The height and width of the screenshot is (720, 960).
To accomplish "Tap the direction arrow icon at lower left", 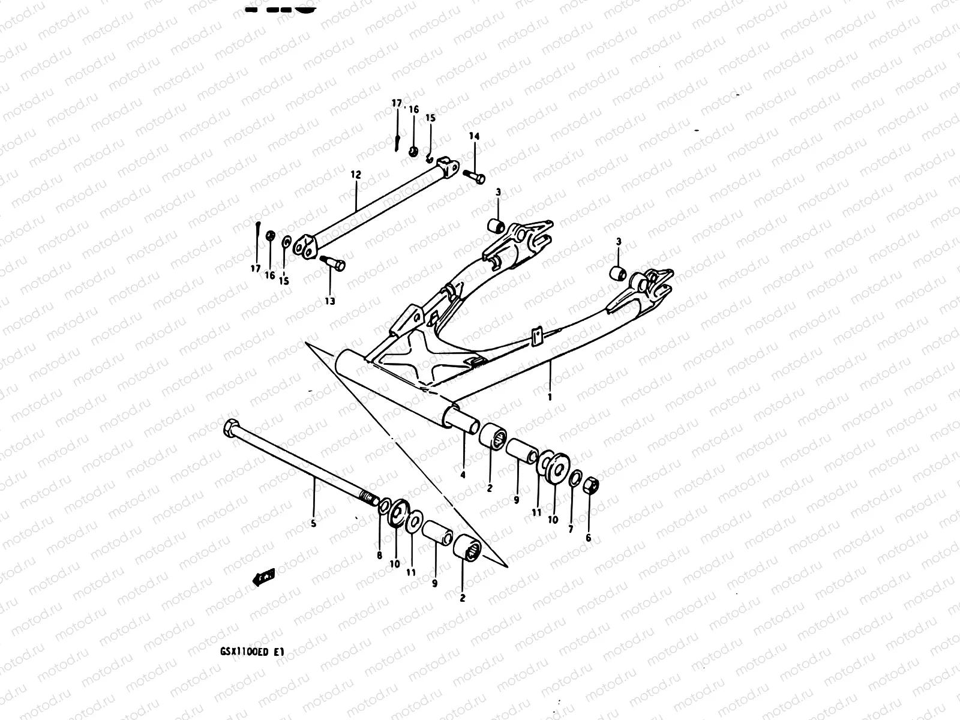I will (x=263, y=577).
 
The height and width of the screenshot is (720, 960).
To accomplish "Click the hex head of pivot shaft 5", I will (x=230, y=428).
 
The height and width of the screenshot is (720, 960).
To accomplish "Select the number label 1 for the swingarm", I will (x=550, y=397).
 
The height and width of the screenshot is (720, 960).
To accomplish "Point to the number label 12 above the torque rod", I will (x=356, y=175).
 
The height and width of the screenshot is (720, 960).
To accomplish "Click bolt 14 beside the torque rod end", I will (x=474, y=176).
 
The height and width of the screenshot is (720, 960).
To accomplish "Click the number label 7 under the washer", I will (x=571, y=529).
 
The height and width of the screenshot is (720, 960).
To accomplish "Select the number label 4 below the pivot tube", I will (x=463, y=475).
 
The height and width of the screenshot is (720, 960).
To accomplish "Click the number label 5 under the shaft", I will (x=313, y=523).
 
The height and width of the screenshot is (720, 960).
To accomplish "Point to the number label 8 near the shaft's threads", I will (x=379, y=556).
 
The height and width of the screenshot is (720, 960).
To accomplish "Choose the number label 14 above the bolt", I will (x=474, y=137).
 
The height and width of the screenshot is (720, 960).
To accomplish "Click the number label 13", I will (x=330, y=301).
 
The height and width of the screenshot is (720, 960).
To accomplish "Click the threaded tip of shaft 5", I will (x=368, y=498).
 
